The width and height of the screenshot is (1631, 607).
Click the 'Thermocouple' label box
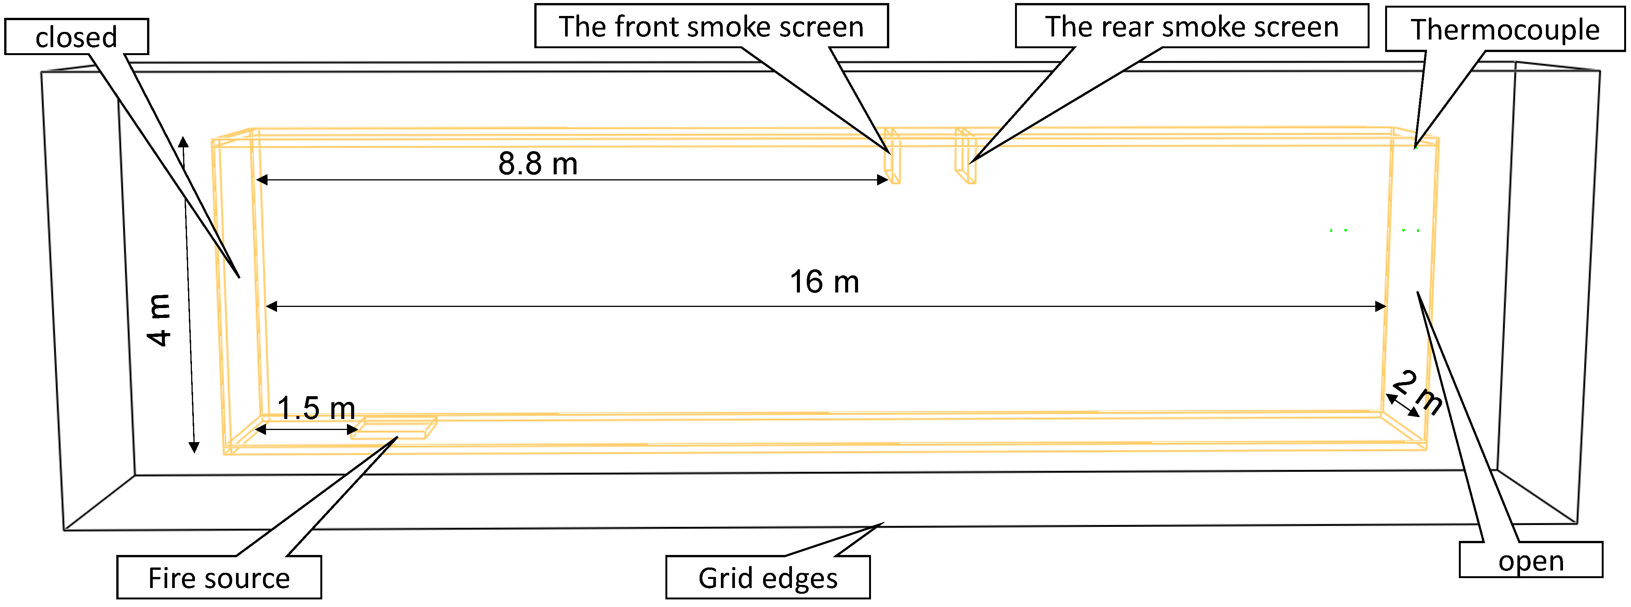coord(1505,29)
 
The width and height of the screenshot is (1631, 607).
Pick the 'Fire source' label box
coord(219,577)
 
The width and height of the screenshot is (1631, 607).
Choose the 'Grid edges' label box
coord(767,577)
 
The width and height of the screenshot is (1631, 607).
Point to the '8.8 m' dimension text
coord(538,164)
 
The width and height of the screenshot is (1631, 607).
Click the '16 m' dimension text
coord(824,282)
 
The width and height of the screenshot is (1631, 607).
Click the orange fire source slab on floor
coord(394,428)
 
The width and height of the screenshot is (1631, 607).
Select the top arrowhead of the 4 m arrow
coord(183,141)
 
